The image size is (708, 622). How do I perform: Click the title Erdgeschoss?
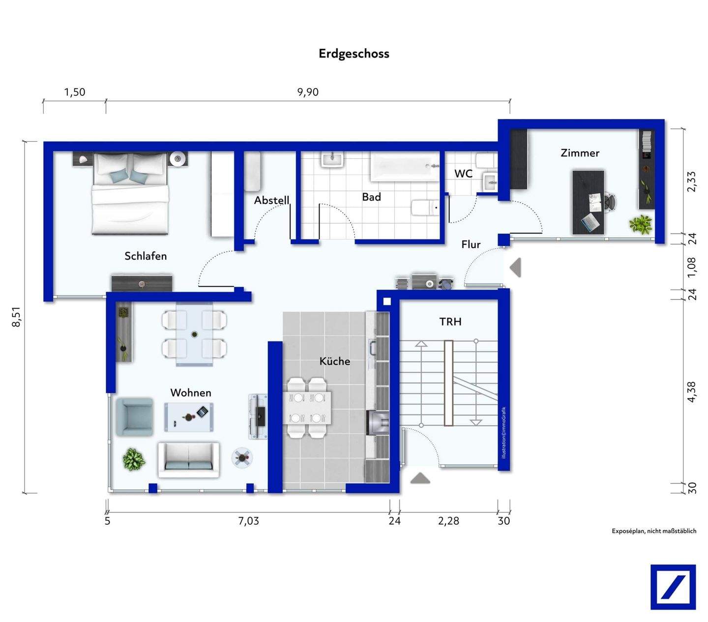click(354, 54)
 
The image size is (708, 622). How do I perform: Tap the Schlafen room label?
click(146, 256)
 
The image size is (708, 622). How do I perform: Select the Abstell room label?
click(271, 200)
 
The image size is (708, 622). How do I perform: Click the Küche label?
click(335, 361)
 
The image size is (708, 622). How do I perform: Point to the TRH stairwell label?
click(450, 322)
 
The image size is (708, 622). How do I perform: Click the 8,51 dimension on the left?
click(17, 317)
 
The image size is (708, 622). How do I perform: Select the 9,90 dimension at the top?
click(308, 92)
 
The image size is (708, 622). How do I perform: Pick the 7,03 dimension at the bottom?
click(248, 521)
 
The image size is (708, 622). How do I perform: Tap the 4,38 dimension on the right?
click(691, 392)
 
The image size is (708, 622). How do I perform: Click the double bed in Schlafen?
click(130, 194)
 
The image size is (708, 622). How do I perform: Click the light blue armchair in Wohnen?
click(134, 417)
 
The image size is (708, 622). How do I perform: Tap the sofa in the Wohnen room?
click(188, 460)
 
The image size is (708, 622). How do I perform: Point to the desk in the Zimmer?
click(588, 202)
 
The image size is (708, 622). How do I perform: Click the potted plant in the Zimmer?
click(641, 225)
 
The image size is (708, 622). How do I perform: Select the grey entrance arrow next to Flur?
click(515, 268)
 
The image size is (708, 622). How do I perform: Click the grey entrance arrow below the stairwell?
click(420, 478)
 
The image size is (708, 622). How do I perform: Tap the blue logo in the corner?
click(673, 587)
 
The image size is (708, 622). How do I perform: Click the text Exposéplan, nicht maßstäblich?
click(654, 531)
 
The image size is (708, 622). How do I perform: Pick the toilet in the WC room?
click(486, 160)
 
